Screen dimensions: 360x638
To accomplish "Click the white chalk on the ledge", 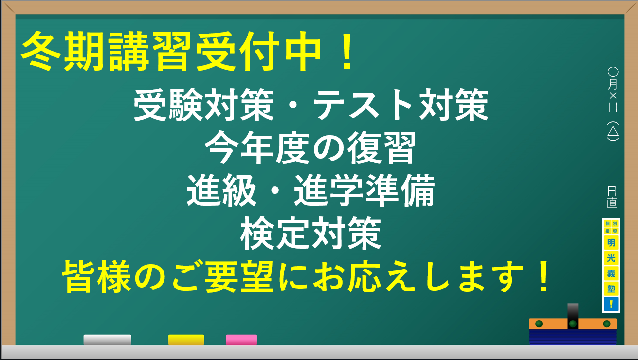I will [x=107, y=340].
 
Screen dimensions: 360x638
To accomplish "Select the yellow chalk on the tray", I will [x=186, y=340].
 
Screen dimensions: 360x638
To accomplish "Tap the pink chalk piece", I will [x=241, y=340].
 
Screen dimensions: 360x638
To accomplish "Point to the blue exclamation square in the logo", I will [x=611, y=304].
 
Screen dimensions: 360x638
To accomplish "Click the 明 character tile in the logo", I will [x=611, y=242].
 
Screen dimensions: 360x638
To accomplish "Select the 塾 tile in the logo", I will [x=611, y=288].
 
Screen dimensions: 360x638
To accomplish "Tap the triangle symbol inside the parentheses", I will [x=613, y=131].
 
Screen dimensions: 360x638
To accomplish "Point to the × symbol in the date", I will [x=613, y=95].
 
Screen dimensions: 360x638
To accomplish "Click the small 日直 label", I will [x=612, y=196].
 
